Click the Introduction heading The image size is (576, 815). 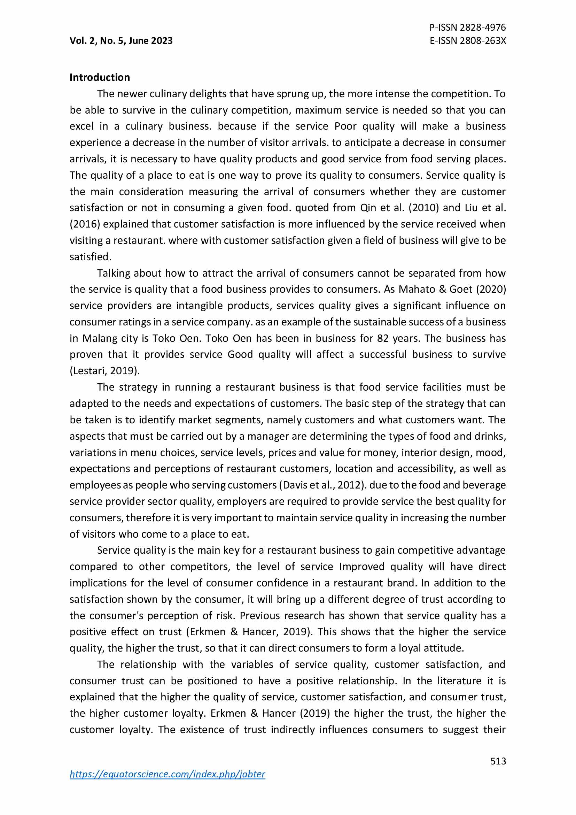pos(100,77)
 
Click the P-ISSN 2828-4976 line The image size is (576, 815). pos(467,27)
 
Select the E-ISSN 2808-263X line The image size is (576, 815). pos(467,41)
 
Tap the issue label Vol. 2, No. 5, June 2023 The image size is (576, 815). pos(121,41)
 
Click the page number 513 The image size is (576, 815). pos(498,761)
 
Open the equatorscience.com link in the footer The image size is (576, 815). pos(168,774)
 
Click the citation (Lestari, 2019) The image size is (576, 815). pos(104,371)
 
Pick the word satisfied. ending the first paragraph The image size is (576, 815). pos(91,257)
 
